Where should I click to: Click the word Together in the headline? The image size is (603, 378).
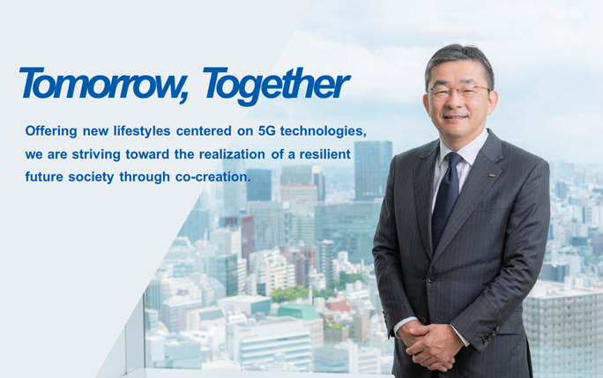coord(276,85)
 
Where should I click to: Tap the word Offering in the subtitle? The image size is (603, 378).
coord(52,130)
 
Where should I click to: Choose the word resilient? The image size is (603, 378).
coord(327,153)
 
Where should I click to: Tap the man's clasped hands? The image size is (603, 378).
coord(434,338)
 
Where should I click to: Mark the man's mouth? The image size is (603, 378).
coord(455,116)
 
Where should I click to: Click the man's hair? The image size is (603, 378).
coord(458,56)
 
